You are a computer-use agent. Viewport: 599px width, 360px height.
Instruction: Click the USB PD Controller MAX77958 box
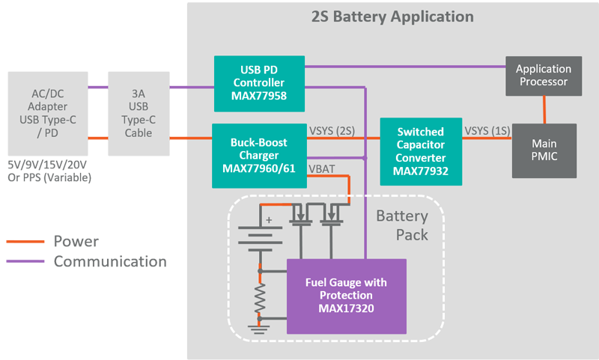(261, 79)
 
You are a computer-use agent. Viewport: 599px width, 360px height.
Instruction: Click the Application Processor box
(543, 75)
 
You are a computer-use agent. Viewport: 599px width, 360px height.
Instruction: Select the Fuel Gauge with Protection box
(347, 296)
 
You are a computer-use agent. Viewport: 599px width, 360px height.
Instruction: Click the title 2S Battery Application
(392, 16)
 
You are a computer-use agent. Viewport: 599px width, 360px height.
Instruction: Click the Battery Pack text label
(402, 225)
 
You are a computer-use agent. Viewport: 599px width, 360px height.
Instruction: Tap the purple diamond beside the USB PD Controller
(178, 87)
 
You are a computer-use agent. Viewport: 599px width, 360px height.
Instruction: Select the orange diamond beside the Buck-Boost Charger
(178, 138)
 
